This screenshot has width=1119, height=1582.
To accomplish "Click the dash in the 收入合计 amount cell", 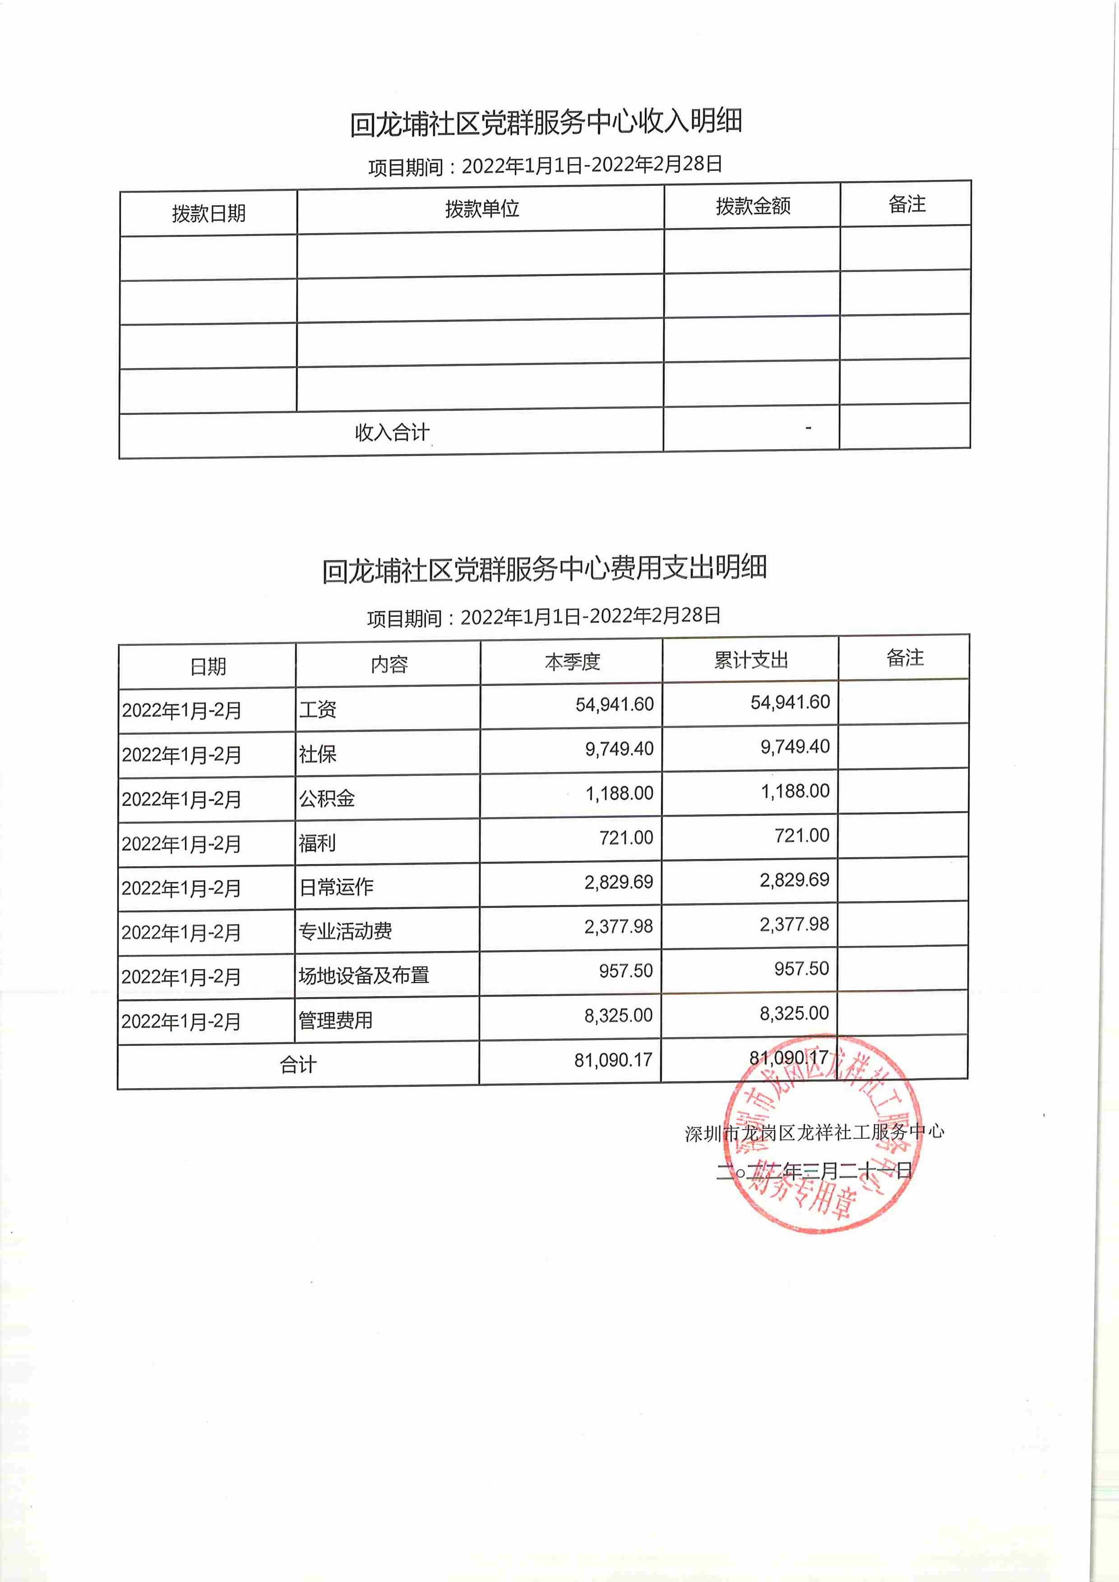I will click(x=808, y=428).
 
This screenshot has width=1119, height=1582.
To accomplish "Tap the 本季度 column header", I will click(x=572, y=662).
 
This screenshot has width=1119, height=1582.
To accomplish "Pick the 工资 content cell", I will click(x=318, y=709).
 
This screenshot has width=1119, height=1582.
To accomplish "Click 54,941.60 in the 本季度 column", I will click(x=614, y=704).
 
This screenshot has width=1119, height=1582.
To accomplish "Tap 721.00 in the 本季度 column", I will click(x=625, y=838).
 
